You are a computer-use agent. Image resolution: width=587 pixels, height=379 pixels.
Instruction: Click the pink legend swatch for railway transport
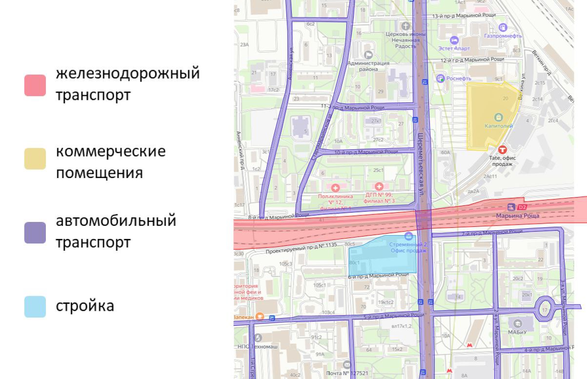(x=35, y=85)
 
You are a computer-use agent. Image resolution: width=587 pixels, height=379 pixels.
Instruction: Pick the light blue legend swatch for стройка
(x=35, y=307)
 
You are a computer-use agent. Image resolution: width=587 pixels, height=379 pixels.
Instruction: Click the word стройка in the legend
(x=85, y=306)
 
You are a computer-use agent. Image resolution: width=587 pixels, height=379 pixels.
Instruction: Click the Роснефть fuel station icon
(x=441, y=78)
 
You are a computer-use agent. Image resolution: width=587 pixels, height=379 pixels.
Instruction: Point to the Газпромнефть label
(x=503, y=36)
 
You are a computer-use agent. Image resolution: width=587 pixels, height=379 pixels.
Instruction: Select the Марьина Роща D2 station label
(x=517, y=215)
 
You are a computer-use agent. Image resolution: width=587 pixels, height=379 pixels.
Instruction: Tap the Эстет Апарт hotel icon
(x=454, y=40)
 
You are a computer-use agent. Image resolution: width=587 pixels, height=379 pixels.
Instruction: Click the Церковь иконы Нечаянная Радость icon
(x=405, y=25)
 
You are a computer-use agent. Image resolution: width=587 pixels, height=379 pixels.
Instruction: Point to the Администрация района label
(x=368, y=66)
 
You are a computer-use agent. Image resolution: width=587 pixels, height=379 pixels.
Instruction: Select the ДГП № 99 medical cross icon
(x=379, y=186)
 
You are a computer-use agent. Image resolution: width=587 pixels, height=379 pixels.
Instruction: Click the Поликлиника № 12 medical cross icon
(x=335, y=187)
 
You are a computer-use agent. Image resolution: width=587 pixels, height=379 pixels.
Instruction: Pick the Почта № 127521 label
(x=347, y=373)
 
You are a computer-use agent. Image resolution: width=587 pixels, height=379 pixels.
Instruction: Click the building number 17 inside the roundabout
(x=545, y=309)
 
